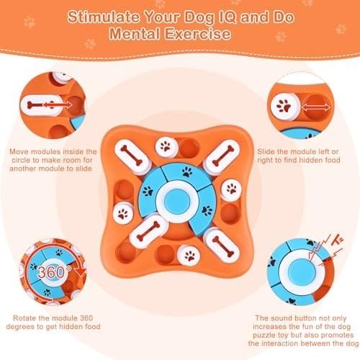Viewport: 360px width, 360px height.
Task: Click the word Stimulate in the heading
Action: [104, 17]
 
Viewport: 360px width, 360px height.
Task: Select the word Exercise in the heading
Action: [197, 33]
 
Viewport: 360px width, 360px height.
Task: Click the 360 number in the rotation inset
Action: [51, 272]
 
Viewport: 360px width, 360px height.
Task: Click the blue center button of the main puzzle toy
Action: [177, 201]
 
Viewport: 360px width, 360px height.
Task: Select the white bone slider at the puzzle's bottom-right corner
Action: [222, 246]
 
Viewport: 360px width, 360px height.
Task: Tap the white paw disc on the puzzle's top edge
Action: [166, 146]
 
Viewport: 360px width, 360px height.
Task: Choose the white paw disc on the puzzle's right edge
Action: [231, 189]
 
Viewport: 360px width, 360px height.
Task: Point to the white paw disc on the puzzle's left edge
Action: [123, 213]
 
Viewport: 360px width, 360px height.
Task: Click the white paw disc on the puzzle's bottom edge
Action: [189, 256]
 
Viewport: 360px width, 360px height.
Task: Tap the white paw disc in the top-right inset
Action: [286, 106]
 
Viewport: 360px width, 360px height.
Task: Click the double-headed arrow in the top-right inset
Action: [316, 108]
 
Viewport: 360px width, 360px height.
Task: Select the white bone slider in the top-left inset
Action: [41, 105]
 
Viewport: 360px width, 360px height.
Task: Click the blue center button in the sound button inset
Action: [302, 272]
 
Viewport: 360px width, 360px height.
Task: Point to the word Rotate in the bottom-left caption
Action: [24, 318]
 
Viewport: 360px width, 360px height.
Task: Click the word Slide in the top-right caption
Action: [266, 152]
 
